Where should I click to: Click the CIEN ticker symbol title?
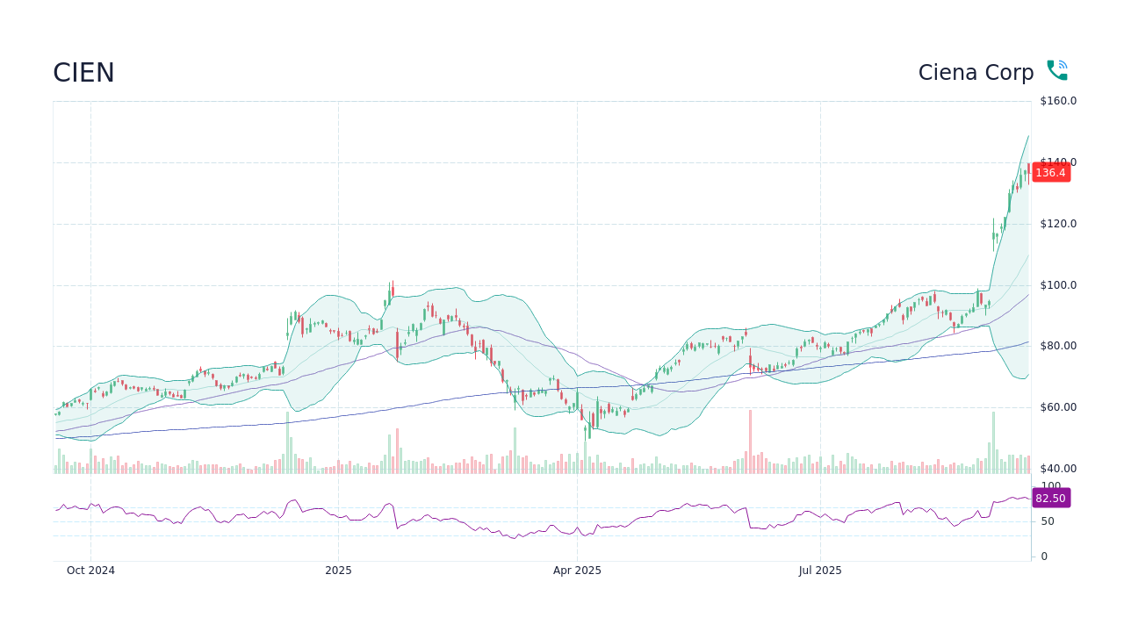(83, 73)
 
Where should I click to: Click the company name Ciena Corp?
(976, 73)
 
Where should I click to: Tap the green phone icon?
(1056, 71)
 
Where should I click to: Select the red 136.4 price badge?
(1050, 172)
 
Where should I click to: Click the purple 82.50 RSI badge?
(1050, 498)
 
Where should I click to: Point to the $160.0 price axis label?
(1058, 101)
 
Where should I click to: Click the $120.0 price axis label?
(1058, 224)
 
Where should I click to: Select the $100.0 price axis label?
(1058, 285)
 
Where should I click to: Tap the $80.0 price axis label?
(1058, 346)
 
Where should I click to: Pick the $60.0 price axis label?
(1058, 407)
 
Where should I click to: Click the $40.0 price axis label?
(1058, 469)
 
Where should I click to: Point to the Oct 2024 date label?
(90, 571)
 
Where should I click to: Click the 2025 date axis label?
(338, 571)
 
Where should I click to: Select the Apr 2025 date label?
(577, 571)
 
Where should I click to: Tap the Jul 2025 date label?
(820, 571)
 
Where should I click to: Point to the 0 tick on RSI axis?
(1044, 557)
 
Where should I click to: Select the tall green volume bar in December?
(287, 444)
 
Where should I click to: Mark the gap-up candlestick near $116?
(994, 234)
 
